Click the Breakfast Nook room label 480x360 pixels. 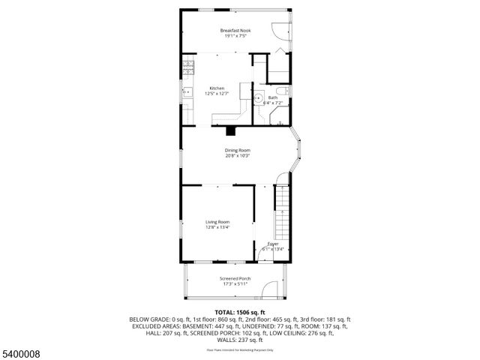coord(235,30)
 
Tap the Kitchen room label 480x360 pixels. coord(217,88)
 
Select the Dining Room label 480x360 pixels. coord(237,151)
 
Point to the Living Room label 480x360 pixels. coord(218,222)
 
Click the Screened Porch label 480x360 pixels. coord(235,278)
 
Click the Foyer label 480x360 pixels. coord(274,244)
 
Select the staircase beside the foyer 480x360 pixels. coord(282,214)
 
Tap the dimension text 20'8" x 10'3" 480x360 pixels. coord(237,156)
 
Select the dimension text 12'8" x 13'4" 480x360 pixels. coord(218,227)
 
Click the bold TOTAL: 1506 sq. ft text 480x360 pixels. coord(240,312)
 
